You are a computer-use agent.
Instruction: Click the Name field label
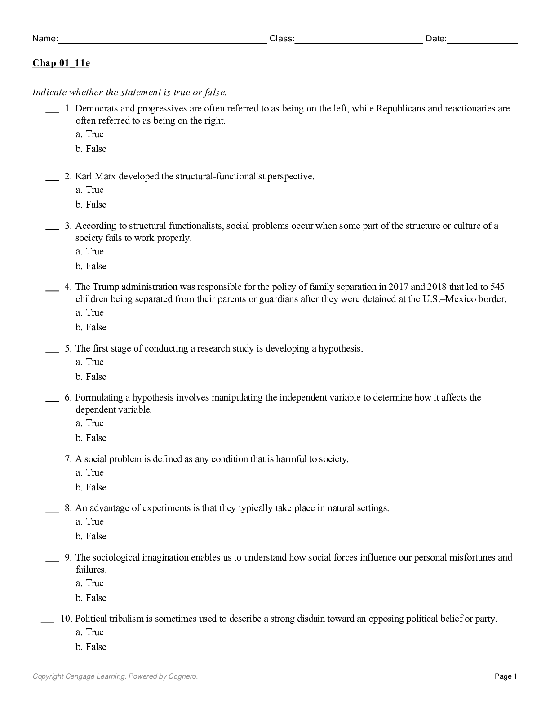click(44, 39)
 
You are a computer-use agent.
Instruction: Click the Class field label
click(281, 39)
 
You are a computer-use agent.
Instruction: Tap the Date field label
click(436, 39)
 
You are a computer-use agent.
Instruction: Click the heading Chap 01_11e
click(61, 63)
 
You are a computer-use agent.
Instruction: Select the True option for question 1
click(94, 134)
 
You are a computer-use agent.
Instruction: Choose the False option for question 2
click(96, 205)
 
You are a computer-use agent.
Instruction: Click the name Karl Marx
click(95, 176)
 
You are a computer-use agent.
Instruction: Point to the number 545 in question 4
click(497, 287)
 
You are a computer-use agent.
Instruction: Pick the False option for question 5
click(96, 377)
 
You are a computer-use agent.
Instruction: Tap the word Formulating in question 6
click(99, 397)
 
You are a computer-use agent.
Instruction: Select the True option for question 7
click(94, 472)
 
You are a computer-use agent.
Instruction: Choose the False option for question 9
click(96, 598)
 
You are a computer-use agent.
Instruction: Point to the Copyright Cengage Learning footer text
click(115, 676)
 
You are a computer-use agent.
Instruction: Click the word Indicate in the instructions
click(49, 93)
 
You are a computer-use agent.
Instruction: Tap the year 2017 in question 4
click(398, 287)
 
